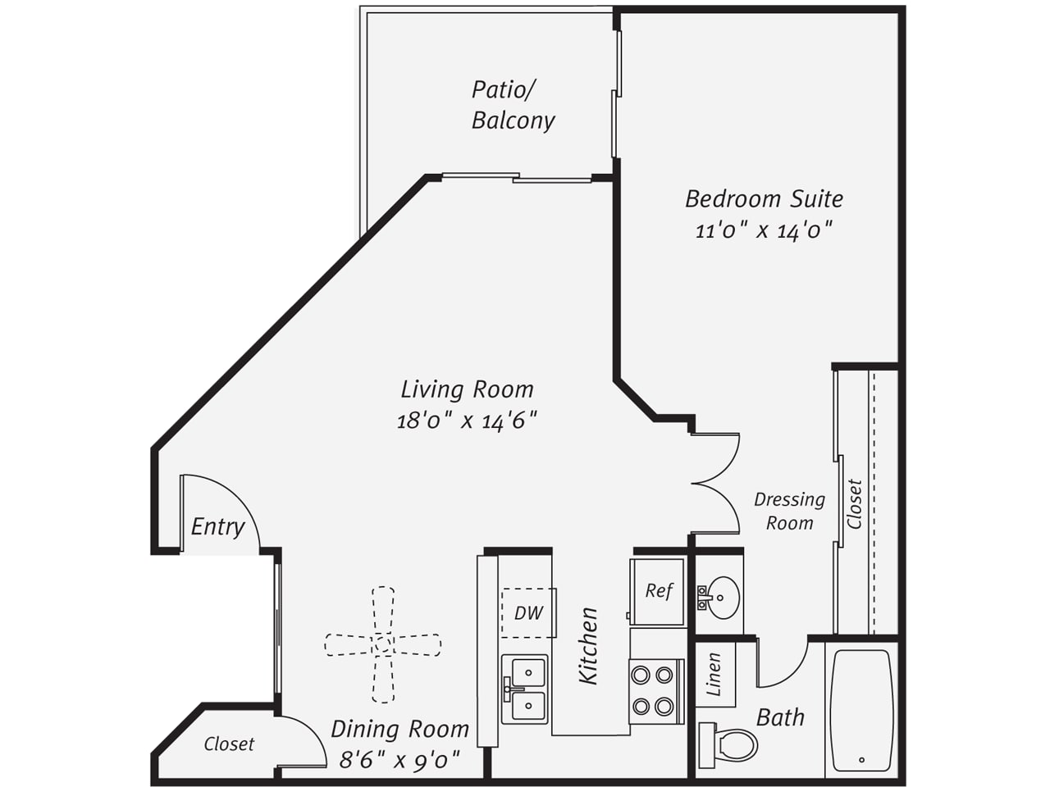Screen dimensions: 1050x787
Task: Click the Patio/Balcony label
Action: [x=513, y=105]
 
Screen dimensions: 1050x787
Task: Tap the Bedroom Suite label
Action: [x=764, y=199]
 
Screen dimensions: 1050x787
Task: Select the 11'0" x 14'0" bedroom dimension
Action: [x=764, y=231]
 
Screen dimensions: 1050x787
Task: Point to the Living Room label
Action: [x=467, y=389]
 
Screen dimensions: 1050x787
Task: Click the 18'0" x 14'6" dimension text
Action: [x=467, y=421]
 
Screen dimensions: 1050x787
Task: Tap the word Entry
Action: [x=217, y=527]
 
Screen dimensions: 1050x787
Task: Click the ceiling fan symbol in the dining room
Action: [x=383, y=644]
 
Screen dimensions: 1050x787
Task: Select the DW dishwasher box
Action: [x=528, y=612]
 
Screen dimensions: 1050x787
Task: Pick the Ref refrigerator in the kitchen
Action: [x=657, y=592]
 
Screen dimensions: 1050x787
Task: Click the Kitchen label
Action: [x=588, y=646]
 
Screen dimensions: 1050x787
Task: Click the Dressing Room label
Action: [x=790, y=511]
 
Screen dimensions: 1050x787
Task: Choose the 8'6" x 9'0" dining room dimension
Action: [x=400, y=759]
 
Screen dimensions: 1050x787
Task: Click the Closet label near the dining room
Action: [x=229, y=744]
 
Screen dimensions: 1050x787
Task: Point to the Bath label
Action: [x=780, y=717]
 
